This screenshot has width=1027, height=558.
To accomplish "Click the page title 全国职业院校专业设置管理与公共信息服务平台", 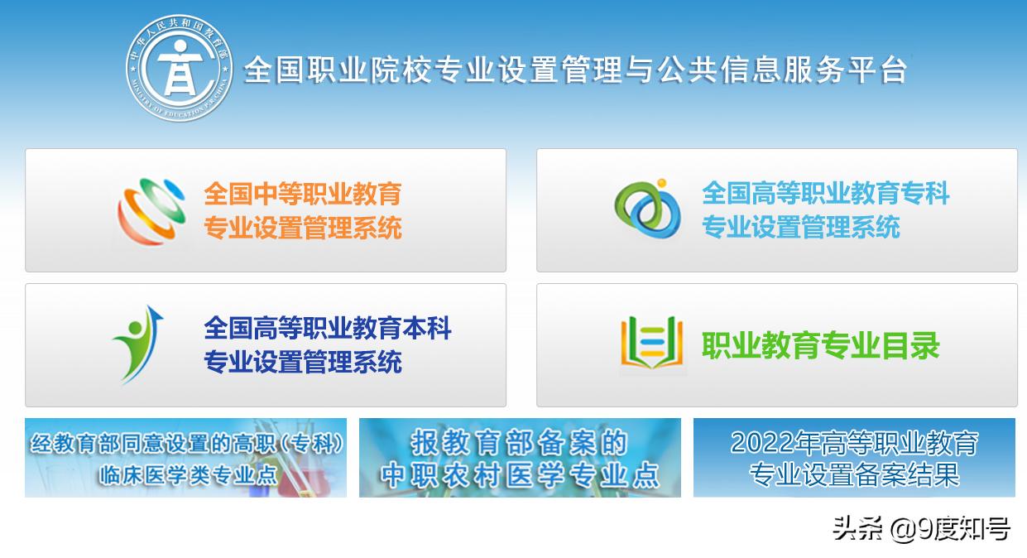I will click(576, 70).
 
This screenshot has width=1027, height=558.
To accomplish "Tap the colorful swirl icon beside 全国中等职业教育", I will click(151, 210).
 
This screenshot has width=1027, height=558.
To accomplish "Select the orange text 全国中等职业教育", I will click(303, 194).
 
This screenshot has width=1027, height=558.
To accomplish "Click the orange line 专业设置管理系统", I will click(303, 227).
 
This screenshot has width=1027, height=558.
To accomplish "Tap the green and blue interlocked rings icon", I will click(648, 208).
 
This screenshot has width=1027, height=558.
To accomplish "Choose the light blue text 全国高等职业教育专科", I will click(825, 194).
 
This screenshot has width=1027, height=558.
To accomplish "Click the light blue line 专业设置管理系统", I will click(800, 227).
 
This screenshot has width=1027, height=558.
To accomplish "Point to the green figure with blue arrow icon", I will click(139, 344).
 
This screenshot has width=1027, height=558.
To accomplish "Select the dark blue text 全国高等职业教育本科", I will click(328, 328).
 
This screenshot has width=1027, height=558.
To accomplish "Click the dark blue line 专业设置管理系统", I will click(303, 362).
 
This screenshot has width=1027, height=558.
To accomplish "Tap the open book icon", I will click(651, 343).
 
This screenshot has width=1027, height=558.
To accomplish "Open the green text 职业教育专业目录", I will click(821, 345).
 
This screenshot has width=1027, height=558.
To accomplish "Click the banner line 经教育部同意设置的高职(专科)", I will click(186, 444).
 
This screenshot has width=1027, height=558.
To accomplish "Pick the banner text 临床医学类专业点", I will click(188, 475).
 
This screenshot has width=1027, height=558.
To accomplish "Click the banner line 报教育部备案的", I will click(519, 442).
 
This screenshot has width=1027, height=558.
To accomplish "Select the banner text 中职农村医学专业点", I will click(520, 474).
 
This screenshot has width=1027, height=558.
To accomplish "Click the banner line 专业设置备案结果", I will click(854, 474).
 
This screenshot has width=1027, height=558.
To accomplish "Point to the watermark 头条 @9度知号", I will click(920, 528).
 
